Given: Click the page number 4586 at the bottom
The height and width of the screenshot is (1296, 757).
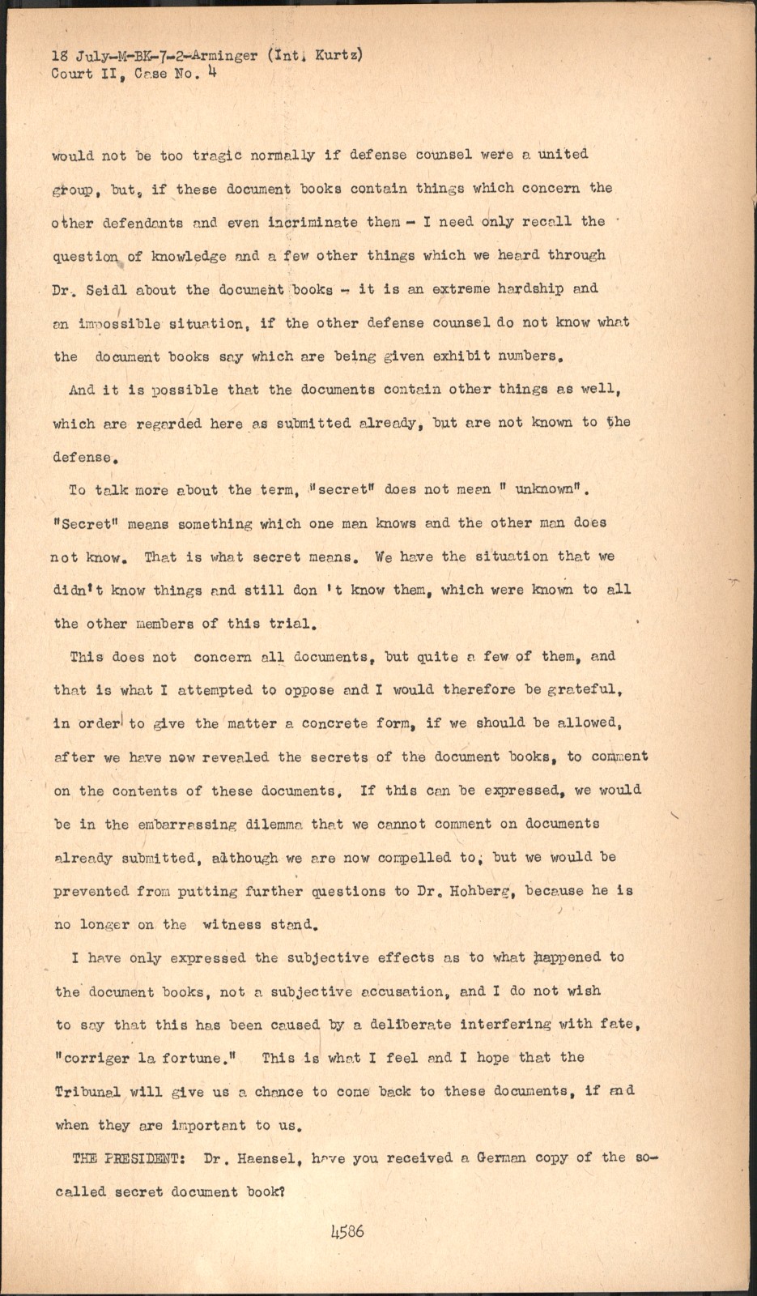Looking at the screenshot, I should click(347, 1232).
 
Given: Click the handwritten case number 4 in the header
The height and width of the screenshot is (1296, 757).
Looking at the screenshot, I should click(211, 72).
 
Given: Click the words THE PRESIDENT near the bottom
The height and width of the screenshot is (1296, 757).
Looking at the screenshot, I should click(129, 1158).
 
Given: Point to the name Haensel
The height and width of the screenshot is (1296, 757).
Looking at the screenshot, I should click(265, 1158).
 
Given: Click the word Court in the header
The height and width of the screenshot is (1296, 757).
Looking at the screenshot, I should click(71, 74).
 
